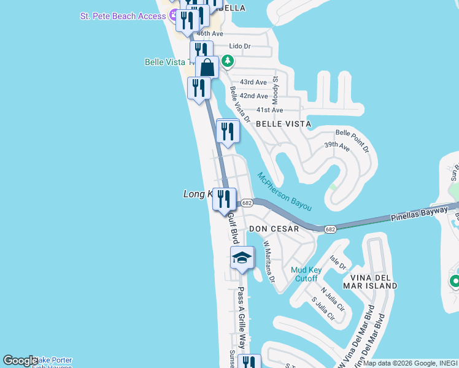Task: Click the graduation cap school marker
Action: pyautogui.click(x=242, y=258)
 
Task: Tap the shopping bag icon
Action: pyautogui.click(x=207, y=67)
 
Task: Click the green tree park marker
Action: pyautogui.click(x=228, y=61)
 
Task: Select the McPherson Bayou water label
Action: pyautogui.click(x=285, y=191)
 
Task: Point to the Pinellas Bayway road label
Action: pyautogui.click(x=423, y=214)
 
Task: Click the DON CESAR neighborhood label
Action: pyautogui.click(x=274, y=229)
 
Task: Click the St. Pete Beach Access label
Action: pyautogui.click(x=123, y=16)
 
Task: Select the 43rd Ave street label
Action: pyautogui.click(x=253, y=82)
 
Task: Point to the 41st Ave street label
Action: pyautogui.click(x=269, y=110)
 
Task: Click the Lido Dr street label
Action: pyautogui.click(x=240, y=46)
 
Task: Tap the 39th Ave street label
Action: pyautogui.click(x=337, y=145)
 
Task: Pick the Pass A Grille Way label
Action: pyautogui.click(x=242, y=316)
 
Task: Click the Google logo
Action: pyautogui.click(x=20, y=361)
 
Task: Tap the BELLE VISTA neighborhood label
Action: pyautogui.click(x=283, y=124)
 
